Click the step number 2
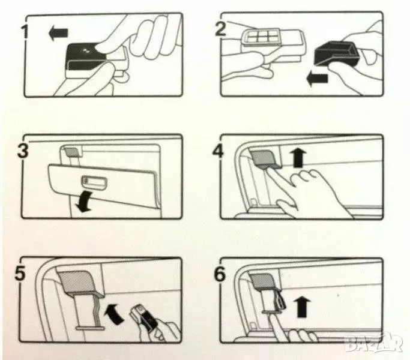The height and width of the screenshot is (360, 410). coord(220,29)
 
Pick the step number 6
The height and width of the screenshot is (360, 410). coord(220,274)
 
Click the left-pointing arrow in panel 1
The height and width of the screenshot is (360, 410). coord(59,33)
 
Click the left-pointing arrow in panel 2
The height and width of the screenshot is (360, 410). coord(317,79)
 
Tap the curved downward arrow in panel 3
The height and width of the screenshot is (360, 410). coord(84,202)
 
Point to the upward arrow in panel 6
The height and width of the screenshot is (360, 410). coord(303,307)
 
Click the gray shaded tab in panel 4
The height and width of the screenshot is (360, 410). coord(264,158)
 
